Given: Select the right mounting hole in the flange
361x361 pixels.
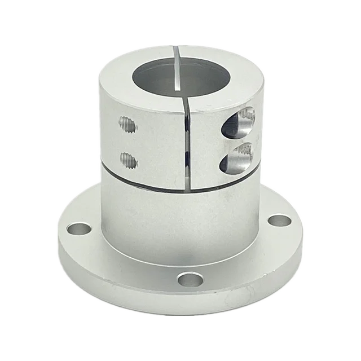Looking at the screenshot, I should pos(276,221).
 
